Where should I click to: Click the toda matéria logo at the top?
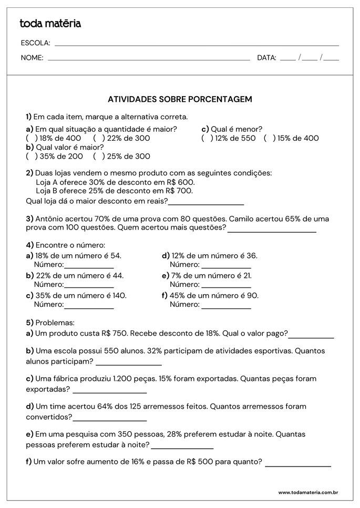pos(50,24)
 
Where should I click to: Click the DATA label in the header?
pos(266,58)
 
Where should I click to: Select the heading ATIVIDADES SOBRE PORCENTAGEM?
pos(180,99)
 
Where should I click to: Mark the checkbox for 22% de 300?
pos(97,138)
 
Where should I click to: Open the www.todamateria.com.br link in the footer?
pos(307,492)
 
